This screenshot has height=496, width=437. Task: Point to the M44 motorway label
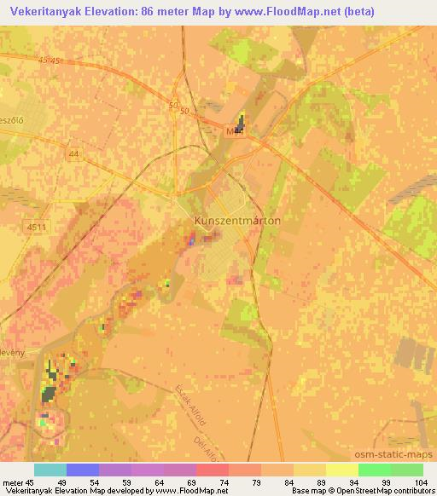[235, 131]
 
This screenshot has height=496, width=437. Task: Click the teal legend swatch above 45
[50, 470]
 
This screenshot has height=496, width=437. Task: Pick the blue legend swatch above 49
[83, 470]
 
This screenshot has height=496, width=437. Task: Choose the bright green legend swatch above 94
[375, 470]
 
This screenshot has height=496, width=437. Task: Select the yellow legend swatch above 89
[310, 470]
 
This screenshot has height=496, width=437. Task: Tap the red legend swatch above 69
[213, 470]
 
